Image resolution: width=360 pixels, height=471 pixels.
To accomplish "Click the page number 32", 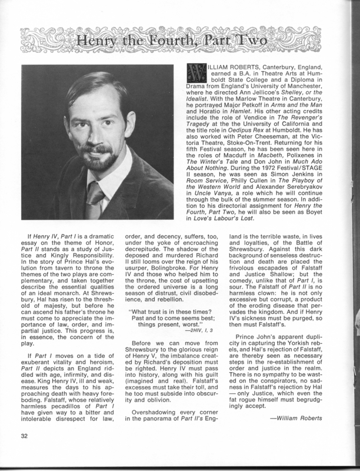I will (23, 452).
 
